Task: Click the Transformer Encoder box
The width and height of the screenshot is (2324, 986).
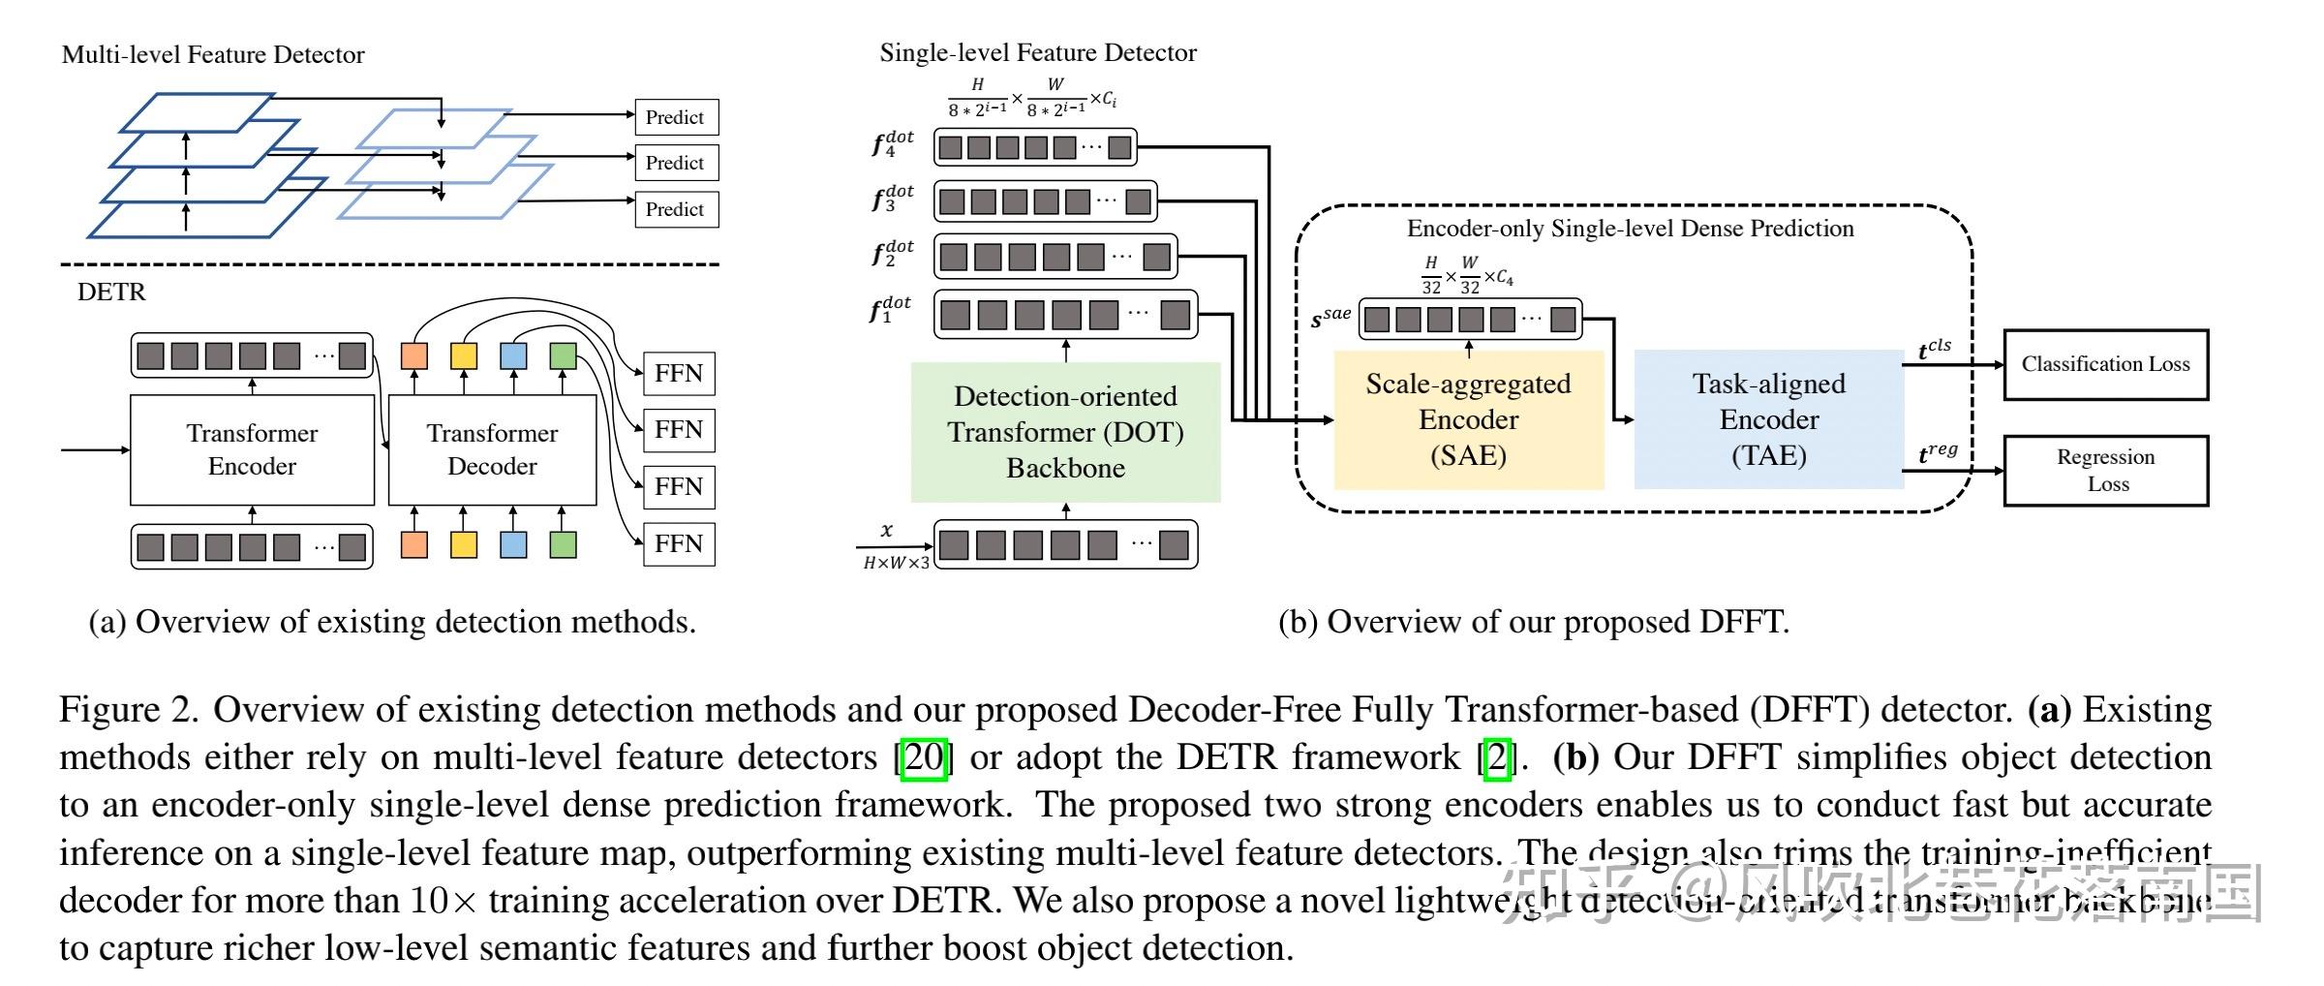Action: pyautogui.click(x=252, y=449)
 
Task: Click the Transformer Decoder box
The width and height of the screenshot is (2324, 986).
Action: pyautogui.click(x=492, y=449)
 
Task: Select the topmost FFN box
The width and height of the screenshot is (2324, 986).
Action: pyautogui.click(x=679, y=374)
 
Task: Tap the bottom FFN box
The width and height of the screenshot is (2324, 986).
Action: pyautogui.click(x=679, y=543)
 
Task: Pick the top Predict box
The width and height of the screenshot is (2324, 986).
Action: pyautogui.click(x=676, y=117)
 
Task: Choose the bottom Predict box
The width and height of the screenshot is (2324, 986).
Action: pyautogui.click(x=676, y=209)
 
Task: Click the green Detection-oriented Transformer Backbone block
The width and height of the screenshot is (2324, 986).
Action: pyautogui.click(x=1065, y=432)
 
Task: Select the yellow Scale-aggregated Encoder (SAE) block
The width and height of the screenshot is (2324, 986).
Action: pyautogui.click(x=1468, y=419)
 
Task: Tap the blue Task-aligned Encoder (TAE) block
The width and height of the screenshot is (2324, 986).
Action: pyautogui.click(x=1768, y=419)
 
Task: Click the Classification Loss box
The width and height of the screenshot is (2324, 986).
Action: pyautogui.click(x=2105, y=364)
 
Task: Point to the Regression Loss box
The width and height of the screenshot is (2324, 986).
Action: pyautogui.click(x=2105, y=471)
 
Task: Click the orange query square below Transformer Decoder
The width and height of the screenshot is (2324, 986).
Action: pyautogui.click(x=414, y=544)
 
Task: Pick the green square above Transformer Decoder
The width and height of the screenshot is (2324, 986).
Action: pyautogui.click(x=563, y=355)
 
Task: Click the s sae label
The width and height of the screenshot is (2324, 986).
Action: pyautogui.click(x=1330, y=318)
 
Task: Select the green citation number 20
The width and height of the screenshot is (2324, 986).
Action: pyautogui.click(x=923, y=757)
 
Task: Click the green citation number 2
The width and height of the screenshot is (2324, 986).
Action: pyautogui.click(x=1497, y=757)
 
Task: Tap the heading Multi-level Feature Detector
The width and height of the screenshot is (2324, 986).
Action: pyautogui.click(x=213, y=54)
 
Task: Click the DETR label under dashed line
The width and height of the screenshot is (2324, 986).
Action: pyautogui.click(x=111, y=292)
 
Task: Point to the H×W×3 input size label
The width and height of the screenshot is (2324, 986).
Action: pyautogui.click(x=896, y=563)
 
